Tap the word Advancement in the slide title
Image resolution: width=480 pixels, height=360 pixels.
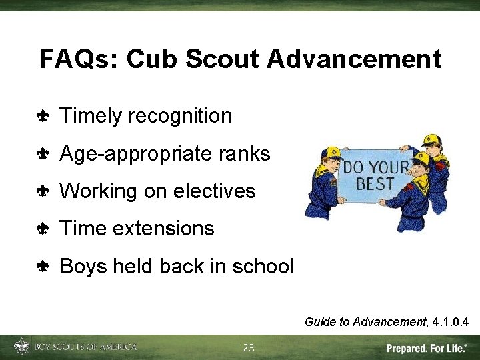pyautogui.click(x=354, y=59)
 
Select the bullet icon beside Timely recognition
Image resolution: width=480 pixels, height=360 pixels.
pyautogui.click(x=43, y=117)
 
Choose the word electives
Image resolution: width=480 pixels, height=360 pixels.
pyautogui.click(x=214, y=191)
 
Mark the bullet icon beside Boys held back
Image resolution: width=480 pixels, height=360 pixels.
pyautogui.click(x=43, y=267)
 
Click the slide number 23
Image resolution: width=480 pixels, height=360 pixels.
pyautogui.click(x=249, y=347)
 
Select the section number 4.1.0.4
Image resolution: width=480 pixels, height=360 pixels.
pyautogui.click(x=450, y=323)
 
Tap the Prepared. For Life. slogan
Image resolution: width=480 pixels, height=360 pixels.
pyautogui.click(x=427, y=348)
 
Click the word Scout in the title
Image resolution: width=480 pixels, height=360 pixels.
pyautogui.click(x=224, y=59)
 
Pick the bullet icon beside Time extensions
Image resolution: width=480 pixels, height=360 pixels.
pyautogui.click(x=43, y=229)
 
